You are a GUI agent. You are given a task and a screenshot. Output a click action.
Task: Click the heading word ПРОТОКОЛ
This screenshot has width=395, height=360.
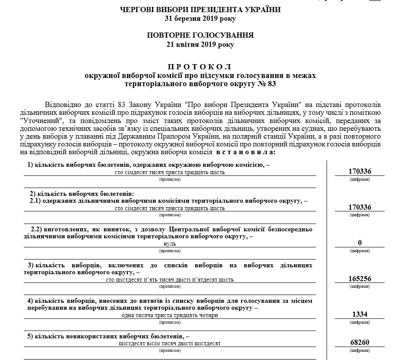pos(200,67)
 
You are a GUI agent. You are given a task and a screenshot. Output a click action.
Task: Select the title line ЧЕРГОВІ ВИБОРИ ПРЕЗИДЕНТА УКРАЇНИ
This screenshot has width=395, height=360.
pos(200,10)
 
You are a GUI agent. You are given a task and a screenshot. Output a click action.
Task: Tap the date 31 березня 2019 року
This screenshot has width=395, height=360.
pos(200,19)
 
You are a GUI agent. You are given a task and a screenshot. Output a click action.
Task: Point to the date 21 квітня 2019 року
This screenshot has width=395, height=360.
pos(200,44)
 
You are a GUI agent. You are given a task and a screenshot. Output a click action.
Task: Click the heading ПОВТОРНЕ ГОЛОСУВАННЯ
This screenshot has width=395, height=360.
pos(200,35)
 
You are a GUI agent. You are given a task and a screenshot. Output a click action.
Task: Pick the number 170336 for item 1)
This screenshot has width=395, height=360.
pos(359,172)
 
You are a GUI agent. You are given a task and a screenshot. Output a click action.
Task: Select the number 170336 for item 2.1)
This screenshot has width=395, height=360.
pos(359,208)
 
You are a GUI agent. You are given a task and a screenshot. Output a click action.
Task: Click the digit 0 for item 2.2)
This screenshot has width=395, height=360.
pos(359,243)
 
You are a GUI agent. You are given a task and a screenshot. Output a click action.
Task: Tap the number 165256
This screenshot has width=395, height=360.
pos(359,279)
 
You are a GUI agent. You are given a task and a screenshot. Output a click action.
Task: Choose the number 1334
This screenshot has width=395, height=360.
pos(359,314)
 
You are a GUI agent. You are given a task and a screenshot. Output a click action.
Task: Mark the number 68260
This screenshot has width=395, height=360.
pos(359,342)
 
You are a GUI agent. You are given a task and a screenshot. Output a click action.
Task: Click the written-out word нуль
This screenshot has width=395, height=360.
pos(170,244)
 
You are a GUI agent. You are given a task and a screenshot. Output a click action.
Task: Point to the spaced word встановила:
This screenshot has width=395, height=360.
pos(244,153)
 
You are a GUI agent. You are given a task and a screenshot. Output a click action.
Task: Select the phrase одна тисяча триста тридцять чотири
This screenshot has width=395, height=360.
pos(170,315)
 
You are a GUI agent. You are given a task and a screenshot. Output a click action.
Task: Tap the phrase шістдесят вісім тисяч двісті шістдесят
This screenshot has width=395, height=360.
pos(170,343)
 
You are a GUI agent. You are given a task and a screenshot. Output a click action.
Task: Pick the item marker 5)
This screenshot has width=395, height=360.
pos(31,336)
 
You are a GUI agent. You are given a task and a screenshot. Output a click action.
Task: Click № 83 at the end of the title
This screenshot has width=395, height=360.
pos(266,84)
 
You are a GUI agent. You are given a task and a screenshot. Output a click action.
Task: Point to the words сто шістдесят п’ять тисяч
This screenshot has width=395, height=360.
pos(139,279)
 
